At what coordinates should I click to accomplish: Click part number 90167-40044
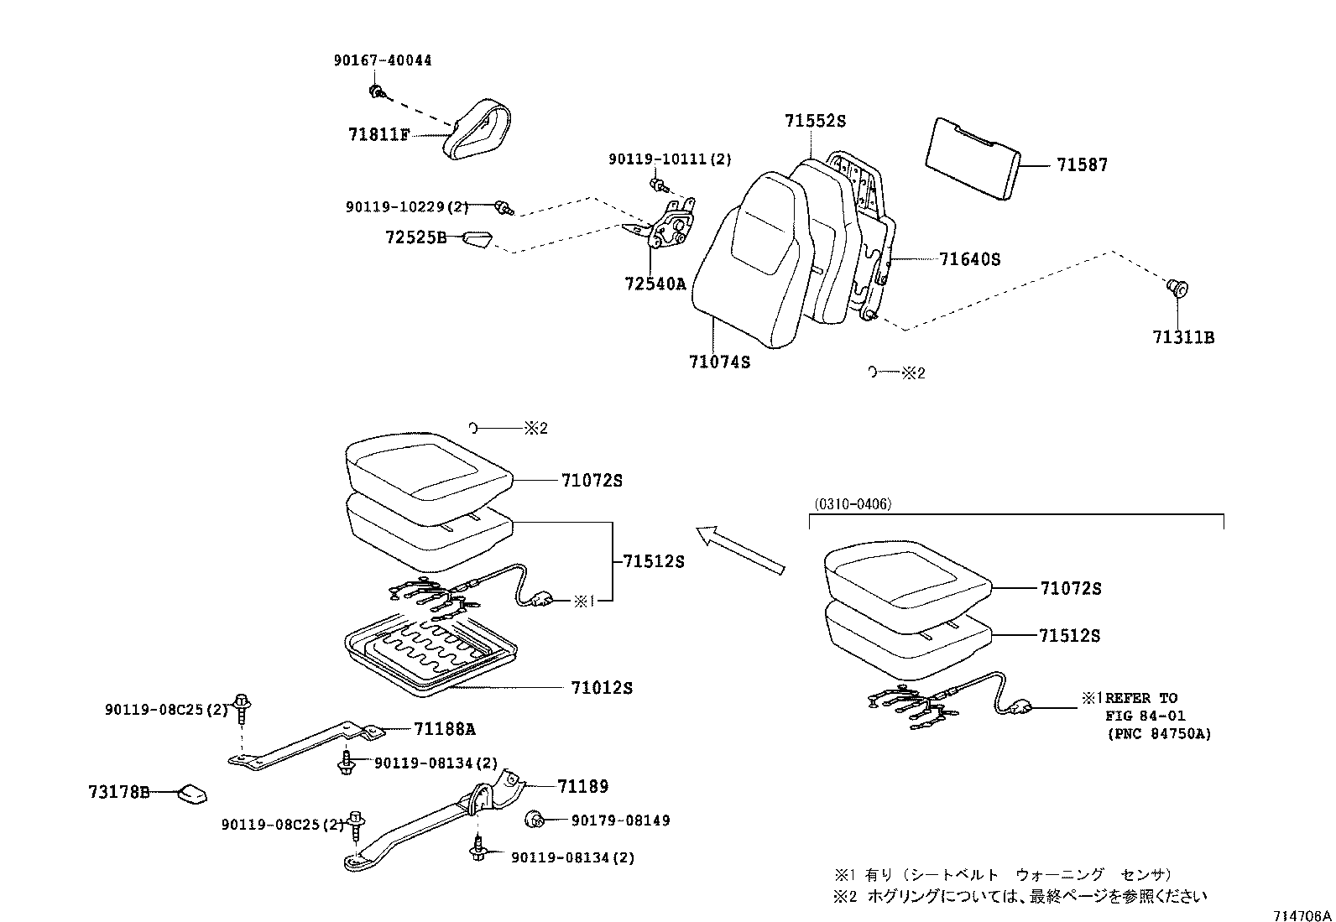(x=382, y=60)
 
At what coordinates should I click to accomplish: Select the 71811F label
(x=378, y=134)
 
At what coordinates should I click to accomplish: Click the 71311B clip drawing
(x=1179, y=289)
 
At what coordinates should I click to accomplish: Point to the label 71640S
(x=969, y=259)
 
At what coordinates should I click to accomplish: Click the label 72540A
(x=655, y=284)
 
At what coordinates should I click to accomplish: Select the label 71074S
(x=719, y=362)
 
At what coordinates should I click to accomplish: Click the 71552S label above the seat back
(x=815, y=121)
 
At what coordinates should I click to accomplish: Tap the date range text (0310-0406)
(x=852, y=504)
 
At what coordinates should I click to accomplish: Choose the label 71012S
(x=602, y=688)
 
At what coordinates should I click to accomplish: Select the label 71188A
(x=444, y=729)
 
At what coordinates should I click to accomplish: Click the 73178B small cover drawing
(x=191, y=793)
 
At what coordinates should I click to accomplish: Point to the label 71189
(x=582, y=786)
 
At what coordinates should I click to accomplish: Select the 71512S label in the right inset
(x=1069, y=636)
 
